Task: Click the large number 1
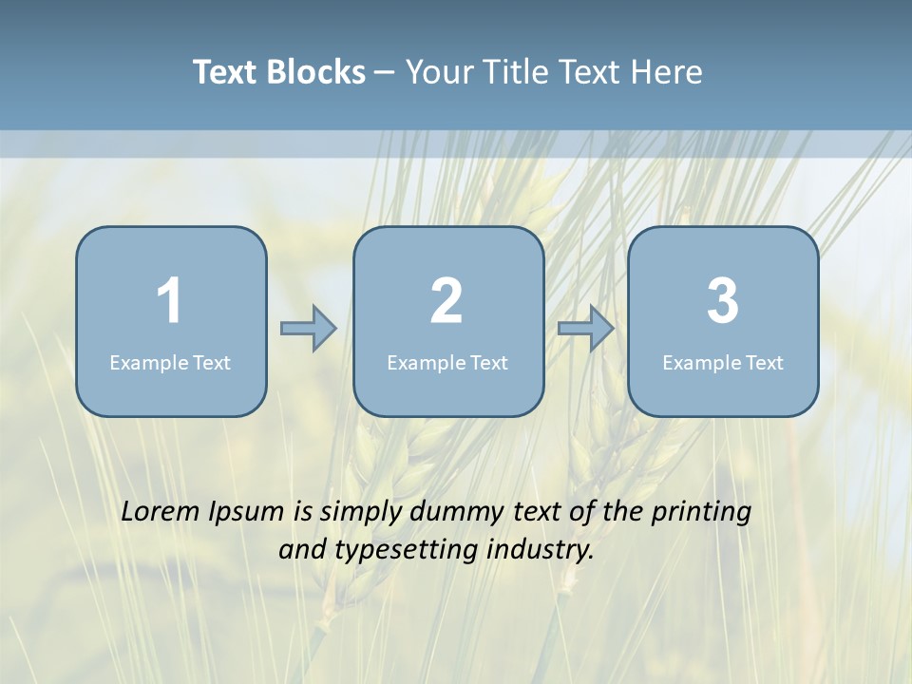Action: pyautogui.click(x=170, y=302)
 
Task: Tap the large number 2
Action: pyautogui.click(x=446, y=302)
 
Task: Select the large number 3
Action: pyautogui.click(x=723, y=302)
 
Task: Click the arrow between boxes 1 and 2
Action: pyautogui.click(x=309, y=329)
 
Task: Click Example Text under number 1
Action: pyautogui.click(x=170, y=362)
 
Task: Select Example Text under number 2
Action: pyautogui.click(x=447, y=362)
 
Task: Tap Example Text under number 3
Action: pyautogui.click(x=723, y=362)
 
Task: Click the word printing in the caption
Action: pyautogui.click(x=701, y=512)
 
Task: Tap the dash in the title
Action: pyautogui.click(x=385, y=73)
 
